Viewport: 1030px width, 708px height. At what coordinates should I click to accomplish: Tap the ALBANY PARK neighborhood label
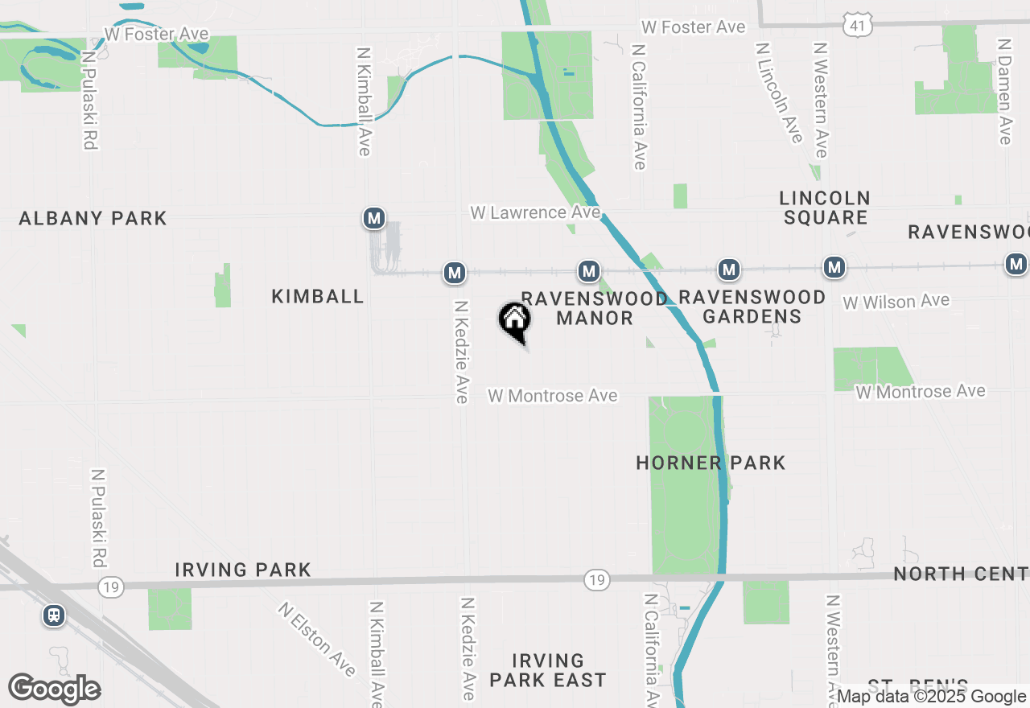pos(93,218)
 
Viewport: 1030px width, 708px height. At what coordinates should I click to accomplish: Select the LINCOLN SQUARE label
pos(825,208)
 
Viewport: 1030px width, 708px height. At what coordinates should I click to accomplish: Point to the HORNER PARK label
pos(711,463)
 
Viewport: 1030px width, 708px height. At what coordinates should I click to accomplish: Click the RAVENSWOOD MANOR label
pos(595,308)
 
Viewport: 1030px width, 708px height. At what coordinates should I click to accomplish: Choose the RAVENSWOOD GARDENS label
pos(752,307)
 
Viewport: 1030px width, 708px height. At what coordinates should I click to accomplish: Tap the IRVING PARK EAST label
pos(547,671)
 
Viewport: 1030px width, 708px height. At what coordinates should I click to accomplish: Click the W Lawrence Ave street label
pos(535,212)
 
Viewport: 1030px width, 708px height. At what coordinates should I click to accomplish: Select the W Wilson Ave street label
pos(896,302)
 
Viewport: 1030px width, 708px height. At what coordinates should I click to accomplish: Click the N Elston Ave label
pos(317,640)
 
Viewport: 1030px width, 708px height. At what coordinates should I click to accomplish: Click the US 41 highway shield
pos(857,27)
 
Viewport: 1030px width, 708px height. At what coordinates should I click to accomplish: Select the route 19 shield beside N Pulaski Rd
pos(111,587)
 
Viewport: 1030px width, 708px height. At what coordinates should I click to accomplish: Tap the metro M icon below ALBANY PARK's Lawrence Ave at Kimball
pos(373,218)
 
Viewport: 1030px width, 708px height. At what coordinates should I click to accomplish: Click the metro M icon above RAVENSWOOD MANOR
pos(589,271)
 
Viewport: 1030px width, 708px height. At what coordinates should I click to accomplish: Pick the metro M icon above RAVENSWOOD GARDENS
pos(729,270)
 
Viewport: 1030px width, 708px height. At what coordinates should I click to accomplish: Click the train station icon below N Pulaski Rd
pos(54,615)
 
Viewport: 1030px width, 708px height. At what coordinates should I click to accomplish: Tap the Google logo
pos(54,689)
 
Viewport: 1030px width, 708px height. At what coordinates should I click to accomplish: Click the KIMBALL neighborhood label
pos(318,296)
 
